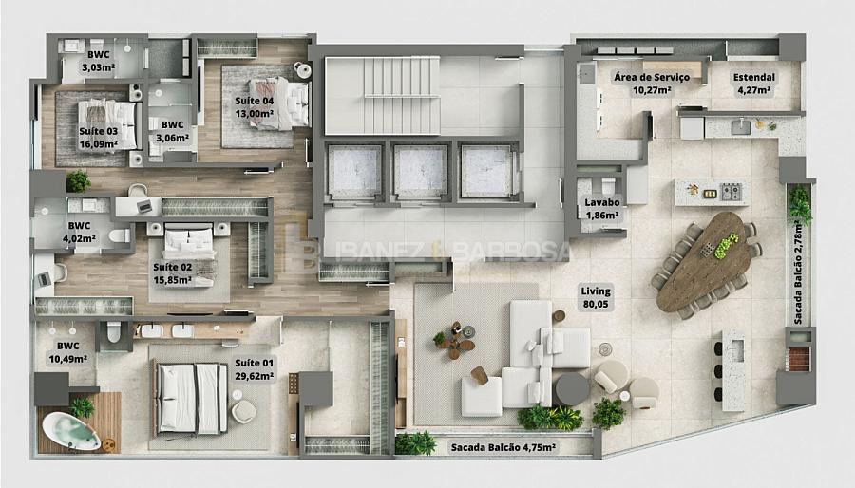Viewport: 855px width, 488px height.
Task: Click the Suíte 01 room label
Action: click(x=254, y=369)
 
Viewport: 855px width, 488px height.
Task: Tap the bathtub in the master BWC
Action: click(x=71, y=430)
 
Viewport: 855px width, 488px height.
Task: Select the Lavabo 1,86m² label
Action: click(x=602, y=209)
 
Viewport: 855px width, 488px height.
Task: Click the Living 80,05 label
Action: click(x=596, y=297)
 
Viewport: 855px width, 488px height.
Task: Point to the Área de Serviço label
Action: click(x=652, y=77)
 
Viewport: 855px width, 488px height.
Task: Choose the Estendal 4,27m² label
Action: click(x=754, y=84)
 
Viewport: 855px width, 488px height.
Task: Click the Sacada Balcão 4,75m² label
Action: click(x=503, y=447)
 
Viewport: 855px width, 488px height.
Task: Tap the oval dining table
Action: click(x=703, y=260)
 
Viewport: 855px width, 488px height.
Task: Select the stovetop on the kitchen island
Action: click(x=731, y=192)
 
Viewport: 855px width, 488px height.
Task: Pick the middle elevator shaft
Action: click(x=421, y=171)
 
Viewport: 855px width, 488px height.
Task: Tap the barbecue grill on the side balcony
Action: click(x=799, y=358)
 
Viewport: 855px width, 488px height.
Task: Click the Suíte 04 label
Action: click(x=254, y=107)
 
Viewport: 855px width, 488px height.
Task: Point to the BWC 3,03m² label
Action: click(x=98, y=61)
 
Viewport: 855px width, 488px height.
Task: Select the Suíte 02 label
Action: click(x=172, y=273)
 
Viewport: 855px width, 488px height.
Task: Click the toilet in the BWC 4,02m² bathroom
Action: click(x=119, y=235)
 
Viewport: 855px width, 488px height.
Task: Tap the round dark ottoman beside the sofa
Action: click(x=572, y=389)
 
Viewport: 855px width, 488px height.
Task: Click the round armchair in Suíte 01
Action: click(x=243, y=411)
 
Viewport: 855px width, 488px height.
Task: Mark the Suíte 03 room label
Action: click(x=98, y=138)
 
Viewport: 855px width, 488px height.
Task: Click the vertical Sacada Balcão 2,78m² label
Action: click(x=799, y=272)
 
